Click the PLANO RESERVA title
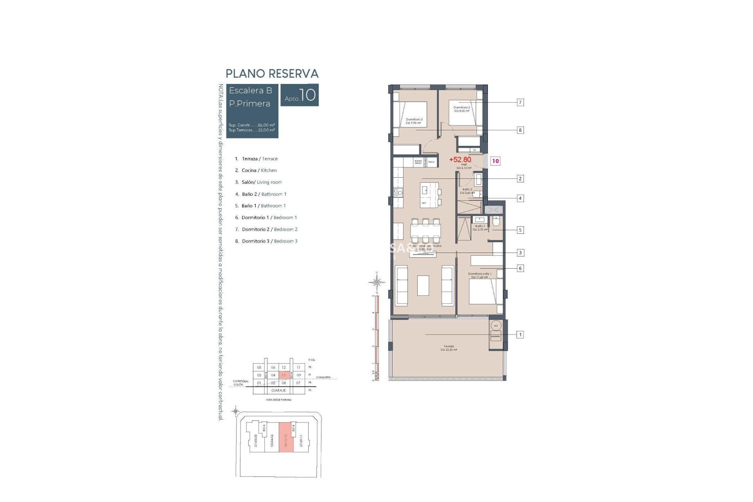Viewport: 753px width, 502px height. coord(272,74)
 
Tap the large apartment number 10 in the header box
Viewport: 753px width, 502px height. coord(308,95)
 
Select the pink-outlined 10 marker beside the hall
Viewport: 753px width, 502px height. coord(495,161)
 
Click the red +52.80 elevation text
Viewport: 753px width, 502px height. coord(460,160)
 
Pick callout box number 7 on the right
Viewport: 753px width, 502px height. coord(520,102)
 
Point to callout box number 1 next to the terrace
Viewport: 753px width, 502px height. coord(520,335)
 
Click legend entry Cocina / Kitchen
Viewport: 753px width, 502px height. coord(259,170)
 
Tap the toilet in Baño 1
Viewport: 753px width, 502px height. coord(496,222)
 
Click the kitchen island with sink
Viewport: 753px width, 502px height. coord(429,195)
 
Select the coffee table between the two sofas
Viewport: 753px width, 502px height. coord(423,285)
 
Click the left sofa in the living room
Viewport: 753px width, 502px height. coord(402,285)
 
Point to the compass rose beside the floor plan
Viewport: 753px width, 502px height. coord(376,282)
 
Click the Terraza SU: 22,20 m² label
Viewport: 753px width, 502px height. coord(449,348)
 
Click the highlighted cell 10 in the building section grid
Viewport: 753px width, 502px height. coord(284,375)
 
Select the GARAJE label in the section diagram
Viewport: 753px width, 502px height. coord(279,391)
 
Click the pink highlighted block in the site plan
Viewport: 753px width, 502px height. coord(286,438)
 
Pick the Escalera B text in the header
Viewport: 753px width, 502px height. coord(250,91)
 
